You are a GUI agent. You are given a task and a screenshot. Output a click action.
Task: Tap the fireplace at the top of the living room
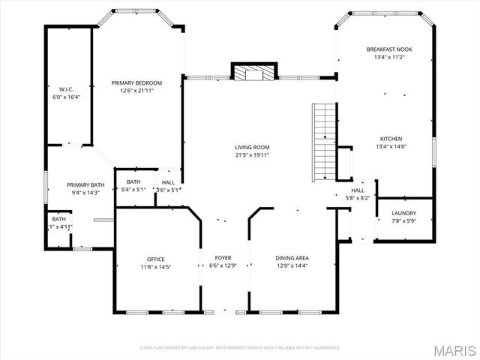click(253, 73)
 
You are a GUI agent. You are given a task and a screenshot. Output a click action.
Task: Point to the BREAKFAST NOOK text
click(388, 49)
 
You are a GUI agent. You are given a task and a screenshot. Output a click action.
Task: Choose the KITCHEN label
click(391, 139)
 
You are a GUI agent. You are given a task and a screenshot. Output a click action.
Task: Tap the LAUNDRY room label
click(403, 213)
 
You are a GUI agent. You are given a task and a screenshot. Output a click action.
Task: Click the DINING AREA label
click(292, 258)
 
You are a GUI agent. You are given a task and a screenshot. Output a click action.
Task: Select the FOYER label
click(223, 258)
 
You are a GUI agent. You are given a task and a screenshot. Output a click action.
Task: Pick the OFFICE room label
click(156, 259)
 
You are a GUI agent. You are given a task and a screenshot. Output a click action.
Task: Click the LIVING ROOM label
click(252, 148)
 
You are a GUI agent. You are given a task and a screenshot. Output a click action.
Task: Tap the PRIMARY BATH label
click(85, 185)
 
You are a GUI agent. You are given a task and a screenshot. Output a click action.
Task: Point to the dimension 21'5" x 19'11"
click(252, 155)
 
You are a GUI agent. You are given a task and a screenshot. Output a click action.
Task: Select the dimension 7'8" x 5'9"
click(403, 220)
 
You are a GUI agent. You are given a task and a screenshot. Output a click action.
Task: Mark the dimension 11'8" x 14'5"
click(156, 266)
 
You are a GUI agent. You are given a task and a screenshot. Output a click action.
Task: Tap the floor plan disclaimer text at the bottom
click(240, 348)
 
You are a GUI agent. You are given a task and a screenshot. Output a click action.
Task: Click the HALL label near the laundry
click(358, 191)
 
